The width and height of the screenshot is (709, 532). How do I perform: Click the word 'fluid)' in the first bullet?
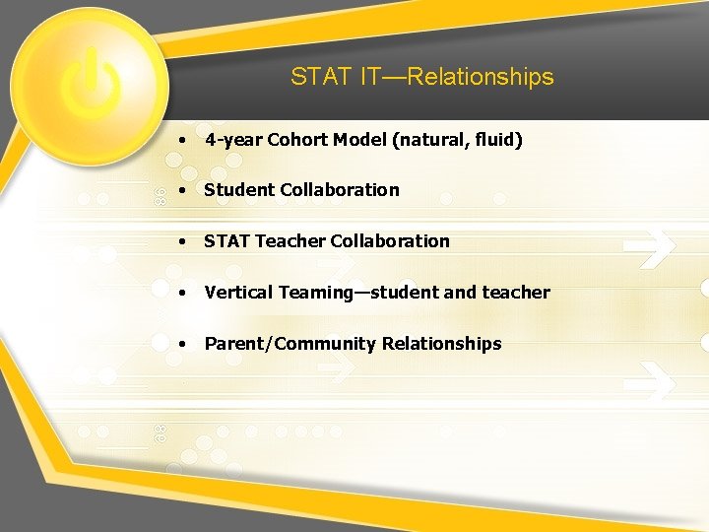click(x=498, y=140)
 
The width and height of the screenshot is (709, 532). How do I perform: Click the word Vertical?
click(x=238, y=293)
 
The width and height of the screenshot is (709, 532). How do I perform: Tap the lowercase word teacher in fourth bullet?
click(x=516, y=293)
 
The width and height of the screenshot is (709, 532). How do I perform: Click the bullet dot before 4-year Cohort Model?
click(x=183, y=141)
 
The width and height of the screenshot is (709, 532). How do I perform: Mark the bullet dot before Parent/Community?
click(x=183, y=345)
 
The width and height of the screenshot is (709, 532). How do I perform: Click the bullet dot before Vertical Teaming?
click(x=183, y=294)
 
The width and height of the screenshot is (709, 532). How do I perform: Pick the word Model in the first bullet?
click(x=359, y=140)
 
